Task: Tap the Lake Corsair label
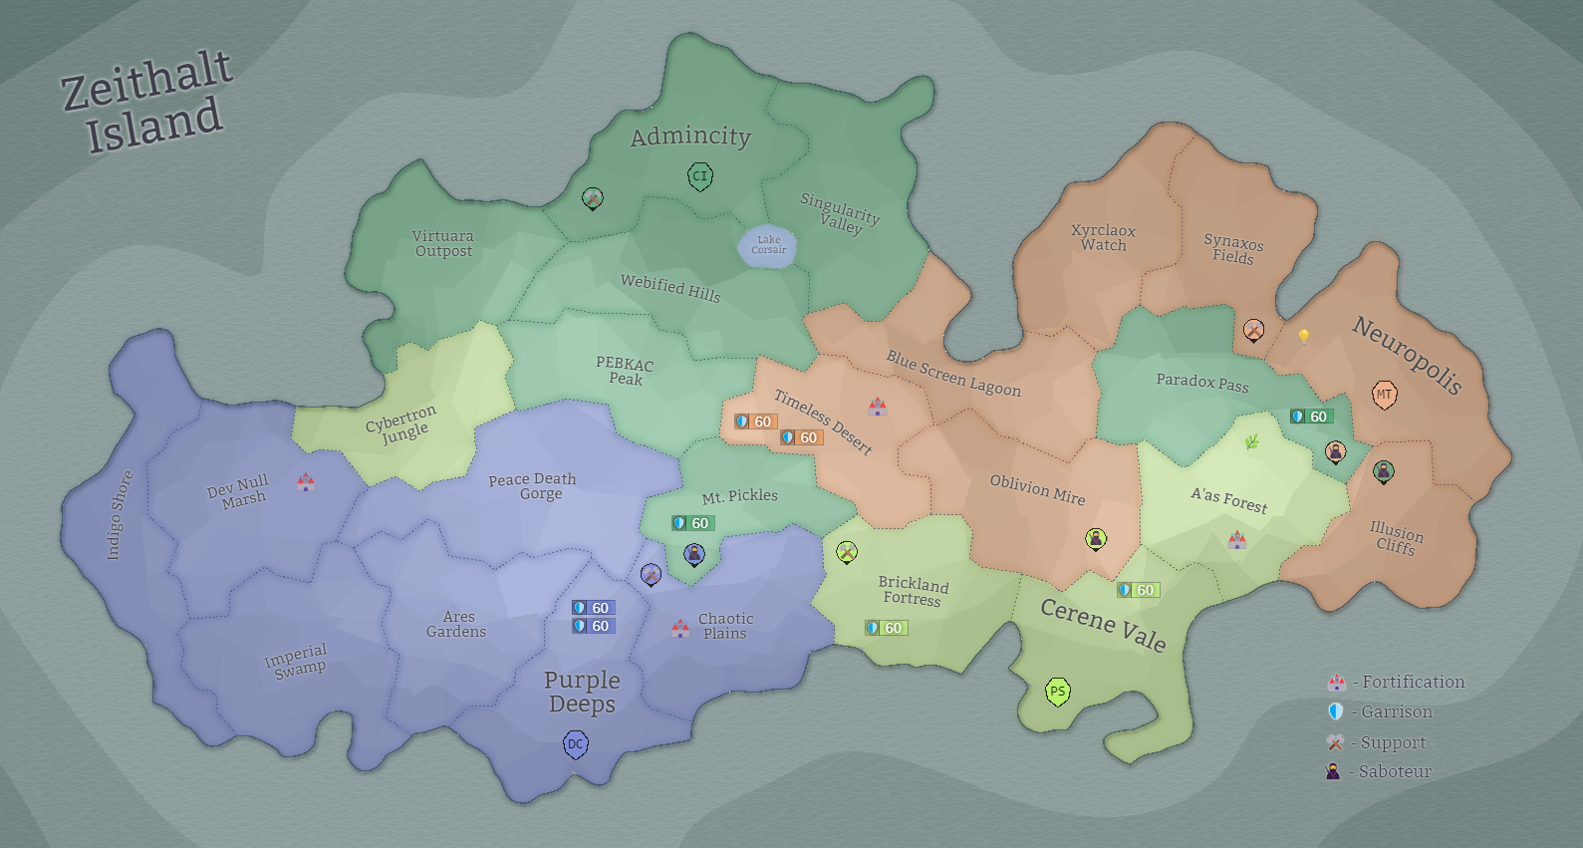point(768,245)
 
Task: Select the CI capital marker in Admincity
point(700,177)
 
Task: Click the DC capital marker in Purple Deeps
point(576,744)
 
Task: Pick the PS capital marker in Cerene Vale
point(1057,692)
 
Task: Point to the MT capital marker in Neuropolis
point(1384,395)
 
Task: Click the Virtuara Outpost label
point(443,244)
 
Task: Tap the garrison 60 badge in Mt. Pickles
point(693,523)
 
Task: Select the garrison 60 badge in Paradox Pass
point(1311,417)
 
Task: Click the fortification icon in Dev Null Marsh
point(306,482)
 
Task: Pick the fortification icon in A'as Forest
point(1237,540)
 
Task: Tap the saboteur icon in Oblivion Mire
point(1096,539)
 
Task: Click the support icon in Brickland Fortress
point(847,552)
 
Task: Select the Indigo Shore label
point(120,515)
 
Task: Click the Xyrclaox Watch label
point(1103,238)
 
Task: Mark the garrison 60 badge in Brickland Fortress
point(886,628)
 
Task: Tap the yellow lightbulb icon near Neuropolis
point(1303,336)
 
